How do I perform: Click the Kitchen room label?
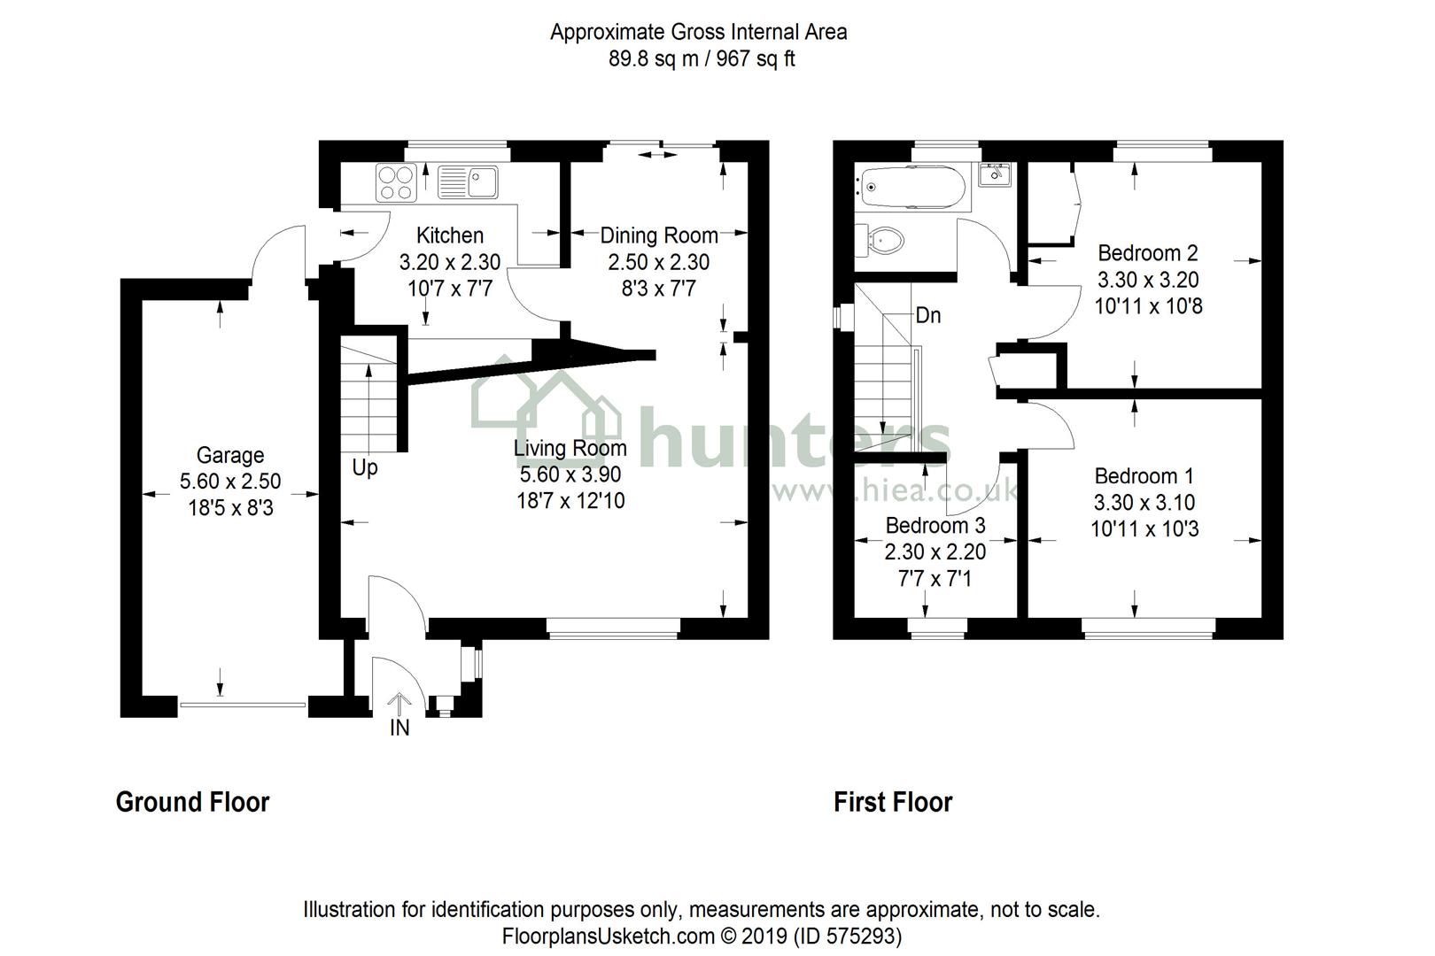point(450,235)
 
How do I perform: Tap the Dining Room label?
point(658,235)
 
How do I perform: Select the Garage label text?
point(230,455)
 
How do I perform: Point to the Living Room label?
point(570,448)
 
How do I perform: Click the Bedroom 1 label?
point(1144,476)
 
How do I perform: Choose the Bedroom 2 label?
point(1147,253)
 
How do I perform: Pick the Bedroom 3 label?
point(935,526)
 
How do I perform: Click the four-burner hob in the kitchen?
point(396,182)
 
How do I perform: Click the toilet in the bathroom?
point(881,239)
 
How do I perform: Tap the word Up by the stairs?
point(365,467)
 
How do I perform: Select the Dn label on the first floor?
point(927,315)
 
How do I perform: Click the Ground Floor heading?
point(192,802)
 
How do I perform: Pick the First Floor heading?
point(892,802)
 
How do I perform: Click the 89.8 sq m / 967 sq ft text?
point(699,59)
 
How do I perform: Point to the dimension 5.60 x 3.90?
point(570,474)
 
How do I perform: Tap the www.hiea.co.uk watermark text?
point(895,492)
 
